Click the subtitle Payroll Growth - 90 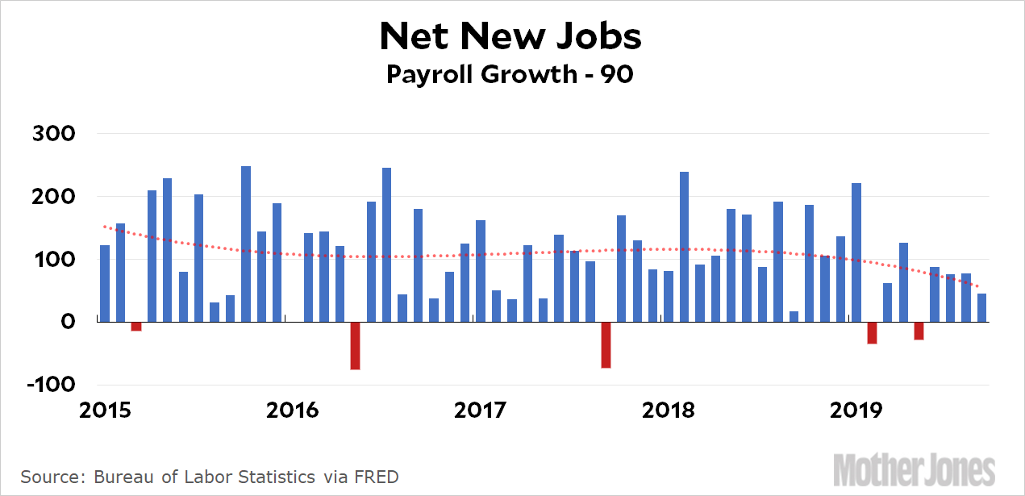pos(510,74)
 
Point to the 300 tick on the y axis pos(53,134)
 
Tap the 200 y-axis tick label pos(53,197)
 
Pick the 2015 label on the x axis pos(106,410)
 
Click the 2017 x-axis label pos(481,410)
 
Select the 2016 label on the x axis pos(294,410)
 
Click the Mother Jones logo pos(915,469)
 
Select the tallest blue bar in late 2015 pos(246,244)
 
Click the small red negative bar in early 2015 pos(136,326)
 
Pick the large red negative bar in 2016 pos(355,345)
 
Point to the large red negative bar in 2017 pos(606,344)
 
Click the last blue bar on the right pos(981,307)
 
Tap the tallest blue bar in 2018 pos(684,247)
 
